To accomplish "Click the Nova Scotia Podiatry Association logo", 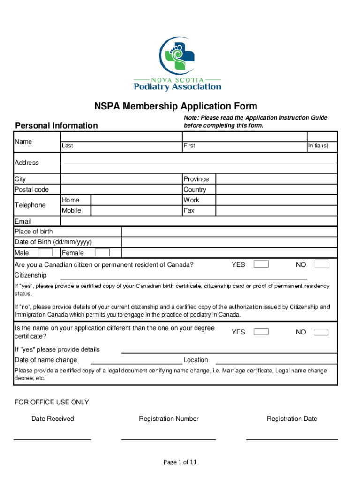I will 177,63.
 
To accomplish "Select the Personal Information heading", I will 57,125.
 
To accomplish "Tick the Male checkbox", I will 45,253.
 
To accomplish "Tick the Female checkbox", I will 102,253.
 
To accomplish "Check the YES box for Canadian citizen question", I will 261,264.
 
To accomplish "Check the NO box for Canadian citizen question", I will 322,264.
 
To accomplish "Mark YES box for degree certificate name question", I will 261,332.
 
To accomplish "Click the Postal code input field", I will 121,189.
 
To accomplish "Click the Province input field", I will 276,179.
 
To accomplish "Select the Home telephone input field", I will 136,200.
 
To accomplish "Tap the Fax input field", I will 276,210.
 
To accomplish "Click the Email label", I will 23,221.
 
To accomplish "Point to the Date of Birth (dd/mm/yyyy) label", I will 53,242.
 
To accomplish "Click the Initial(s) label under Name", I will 318,146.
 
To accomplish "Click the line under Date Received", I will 53,439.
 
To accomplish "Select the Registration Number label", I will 169,419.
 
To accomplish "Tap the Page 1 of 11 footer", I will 180,462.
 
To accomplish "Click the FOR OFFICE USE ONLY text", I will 52,402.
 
